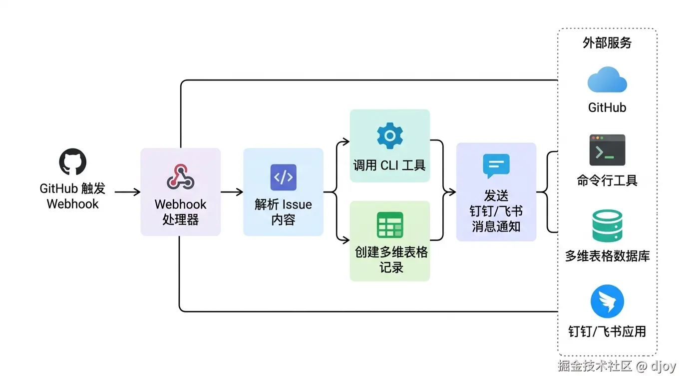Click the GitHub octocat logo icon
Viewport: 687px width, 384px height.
pyautogui.click(x=73, y=161)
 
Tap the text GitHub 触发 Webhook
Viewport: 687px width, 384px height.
pyautogui.click(x=73, y=196)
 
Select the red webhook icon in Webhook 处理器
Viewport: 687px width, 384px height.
pyautogui.click(x=180, y=176)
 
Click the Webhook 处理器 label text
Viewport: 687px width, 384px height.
pyautogui.click(x=180, y=212)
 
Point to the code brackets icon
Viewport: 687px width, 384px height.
pyautogui.click(x=283, y=177)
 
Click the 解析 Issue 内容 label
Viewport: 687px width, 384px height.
pyautogui.click(x=283, y=212)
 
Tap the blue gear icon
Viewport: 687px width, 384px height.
pyautogui.click(x=389, y=135)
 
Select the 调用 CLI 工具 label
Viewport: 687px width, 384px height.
pyautogui.click(x=389, y=165)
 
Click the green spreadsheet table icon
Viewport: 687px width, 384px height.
pyautogui.click(x=389, y=225)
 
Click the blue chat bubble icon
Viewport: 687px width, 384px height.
pyautogui.click(x=496, y=165)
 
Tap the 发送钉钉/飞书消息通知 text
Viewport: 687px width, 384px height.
pyautogui.click(x=496, y=211)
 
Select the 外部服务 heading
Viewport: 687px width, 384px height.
pyautogui.click(x=607, y=43)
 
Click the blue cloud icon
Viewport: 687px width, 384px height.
pyautogui.click(x=607, y=80)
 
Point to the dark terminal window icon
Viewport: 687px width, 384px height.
pyautogui.click(x=607, y=150)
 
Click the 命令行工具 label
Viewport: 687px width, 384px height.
pyautogui.click(x=607, y=180)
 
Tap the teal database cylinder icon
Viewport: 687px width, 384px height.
pyautogui.click(x=607, y=226)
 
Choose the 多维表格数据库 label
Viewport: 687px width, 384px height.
pyautogui.click(x=607, y=256)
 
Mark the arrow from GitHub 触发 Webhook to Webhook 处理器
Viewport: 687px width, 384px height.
pyautogui.click(x=127, y=192)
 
